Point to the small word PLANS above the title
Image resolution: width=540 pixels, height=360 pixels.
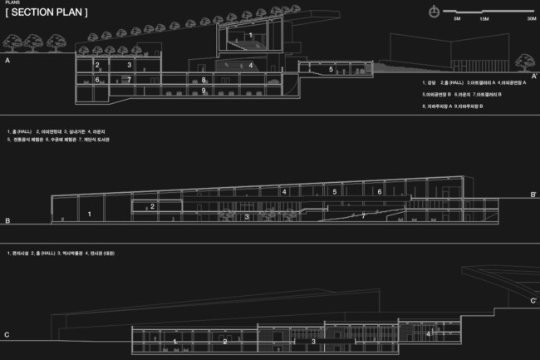[12, 3]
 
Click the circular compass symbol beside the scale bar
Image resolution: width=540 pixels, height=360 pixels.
[434, 11]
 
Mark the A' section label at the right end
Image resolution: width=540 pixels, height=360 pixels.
[534, 76]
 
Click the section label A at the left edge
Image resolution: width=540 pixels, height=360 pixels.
[7, 62]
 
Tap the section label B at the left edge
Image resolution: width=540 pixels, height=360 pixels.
[7, 221]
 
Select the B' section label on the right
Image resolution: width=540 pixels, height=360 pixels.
[533, 195]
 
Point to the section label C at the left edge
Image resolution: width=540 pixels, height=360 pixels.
[7, 335]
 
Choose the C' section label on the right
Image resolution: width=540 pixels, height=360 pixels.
[533, 300]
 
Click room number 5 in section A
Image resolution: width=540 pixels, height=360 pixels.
[331, 70]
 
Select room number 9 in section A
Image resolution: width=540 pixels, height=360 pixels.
[204, 90]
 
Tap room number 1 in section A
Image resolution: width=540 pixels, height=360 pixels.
[250, 35]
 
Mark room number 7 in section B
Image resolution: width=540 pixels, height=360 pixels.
[363, 215]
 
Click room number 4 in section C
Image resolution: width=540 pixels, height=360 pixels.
[428, 333]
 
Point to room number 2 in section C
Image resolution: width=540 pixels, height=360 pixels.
[224, 342]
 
